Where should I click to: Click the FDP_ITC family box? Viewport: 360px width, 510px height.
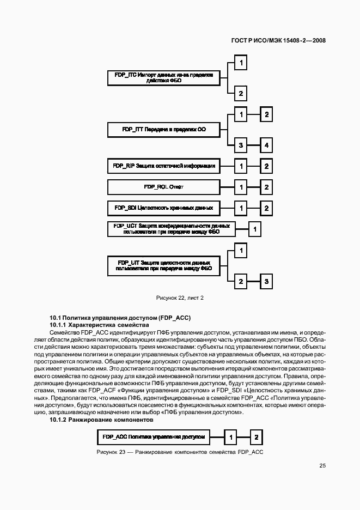164,78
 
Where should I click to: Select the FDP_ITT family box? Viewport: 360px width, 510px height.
164,130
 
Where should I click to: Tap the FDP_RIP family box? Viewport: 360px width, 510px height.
164,166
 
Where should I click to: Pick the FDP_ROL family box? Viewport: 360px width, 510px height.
164,187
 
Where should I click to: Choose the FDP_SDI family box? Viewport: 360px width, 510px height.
164,208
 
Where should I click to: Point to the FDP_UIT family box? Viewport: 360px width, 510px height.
164,266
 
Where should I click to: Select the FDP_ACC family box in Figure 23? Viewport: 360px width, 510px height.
153,437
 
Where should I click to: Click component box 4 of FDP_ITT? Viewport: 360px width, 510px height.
266,145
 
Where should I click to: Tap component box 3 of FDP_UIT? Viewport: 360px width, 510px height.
266,282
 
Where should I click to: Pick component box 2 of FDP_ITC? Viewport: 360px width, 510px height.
240,93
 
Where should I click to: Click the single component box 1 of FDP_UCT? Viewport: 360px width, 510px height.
255,229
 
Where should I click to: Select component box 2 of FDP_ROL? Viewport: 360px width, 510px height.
266,187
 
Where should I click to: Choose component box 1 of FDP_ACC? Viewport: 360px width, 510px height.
231,437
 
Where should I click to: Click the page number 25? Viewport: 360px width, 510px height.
322,466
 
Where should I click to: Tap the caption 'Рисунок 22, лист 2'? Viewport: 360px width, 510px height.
180,297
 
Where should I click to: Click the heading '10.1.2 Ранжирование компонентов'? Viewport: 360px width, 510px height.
101,420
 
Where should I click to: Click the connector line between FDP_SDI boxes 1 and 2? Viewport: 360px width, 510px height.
253,208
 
